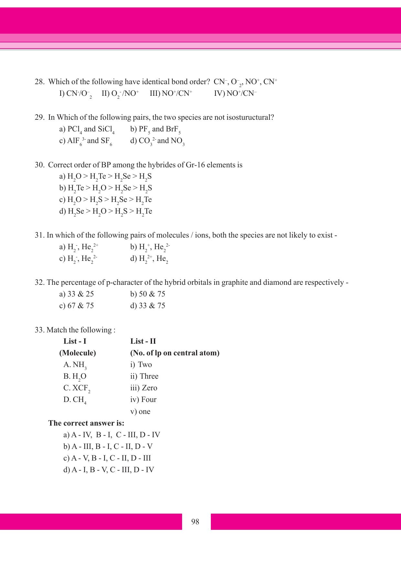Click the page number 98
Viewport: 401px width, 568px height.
(195, 522)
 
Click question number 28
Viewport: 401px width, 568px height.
(39, 82)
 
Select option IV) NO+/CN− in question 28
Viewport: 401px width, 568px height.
(235, 94)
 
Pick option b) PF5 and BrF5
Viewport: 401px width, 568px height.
(155, 129)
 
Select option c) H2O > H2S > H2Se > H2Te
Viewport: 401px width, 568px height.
(105, 200)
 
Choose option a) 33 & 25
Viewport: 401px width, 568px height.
(77, 294)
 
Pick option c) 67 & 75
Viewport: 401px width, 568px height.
(77, 306)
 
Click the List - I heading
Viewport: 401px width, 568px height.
(75, 341)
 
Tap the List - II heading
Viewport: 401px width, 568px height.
(143, 341)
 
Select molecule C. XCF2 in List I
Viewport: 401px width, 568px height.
(77, 388)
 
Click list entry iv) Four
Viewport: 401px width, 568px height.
(143, 399)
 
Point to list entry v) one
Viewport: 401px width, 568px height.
(140, 411)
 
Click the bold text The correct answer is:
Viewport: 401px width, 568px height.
(86, 423)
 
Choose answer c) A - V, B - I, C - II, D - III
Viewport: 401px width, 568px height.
(107, 458)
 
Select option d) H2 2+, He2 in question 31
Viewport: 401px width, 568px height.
(149, 259)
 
